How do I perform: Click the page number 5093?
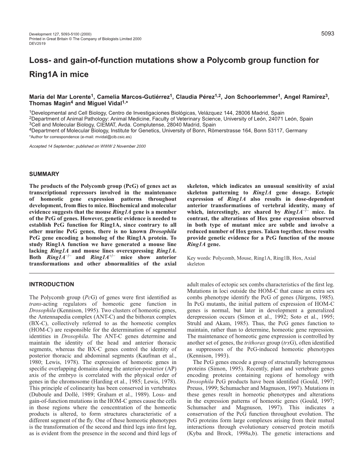coord(328,33)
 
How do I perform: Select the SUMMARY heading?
coord(44,174)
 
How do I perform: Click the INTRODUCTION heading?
coord(52,284)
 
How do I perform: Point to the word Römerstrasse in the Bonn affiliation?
coord(223,130)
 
